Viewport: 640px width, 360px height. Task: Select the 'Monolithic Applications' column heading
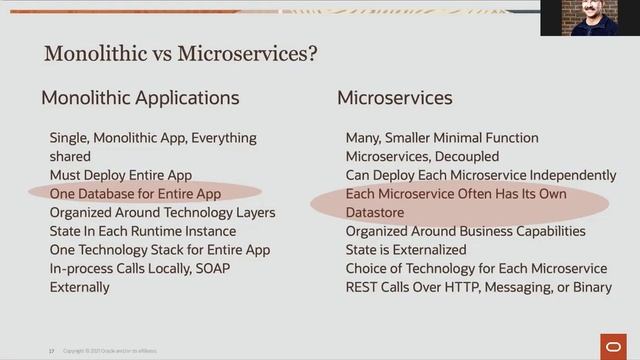[x=140, y=98]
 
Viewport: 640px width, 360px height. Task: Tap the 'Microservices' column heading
[x=394, y=98]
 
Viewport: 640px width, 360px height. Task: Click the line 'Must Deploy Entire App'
[x=121, y=175]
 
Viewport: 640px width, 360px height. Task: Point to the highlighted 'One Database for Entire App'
[x=135, y=193]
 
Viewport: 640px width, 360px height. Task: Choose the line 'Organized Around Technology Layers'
[x=162, y=212]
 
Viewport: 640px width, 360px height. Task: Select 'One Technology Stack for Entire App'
[x=160, y=250]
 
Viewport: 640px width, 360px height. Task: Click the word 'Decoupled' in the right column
[x=465, y=156]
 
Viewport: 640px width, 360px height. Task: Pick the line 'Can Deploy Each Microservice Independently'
[x=481, y=175]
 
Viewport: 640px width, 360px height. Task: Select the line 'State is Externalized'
[x=406, y=250]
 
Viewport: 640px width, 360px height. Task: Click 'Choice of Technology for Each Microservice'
[x=476, y=268]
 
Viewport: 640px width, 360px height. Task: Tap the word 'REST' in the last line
[x=362, y=287]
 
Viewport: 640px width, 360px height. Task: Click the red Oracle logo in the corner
[x=610, y=345]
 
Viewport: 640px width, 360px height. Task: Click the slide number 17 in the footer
[x=51, y=351]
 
